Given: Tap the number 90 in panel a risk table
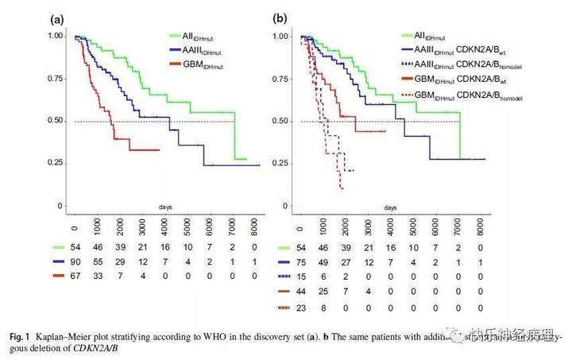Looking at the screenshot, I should [75, 260].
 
